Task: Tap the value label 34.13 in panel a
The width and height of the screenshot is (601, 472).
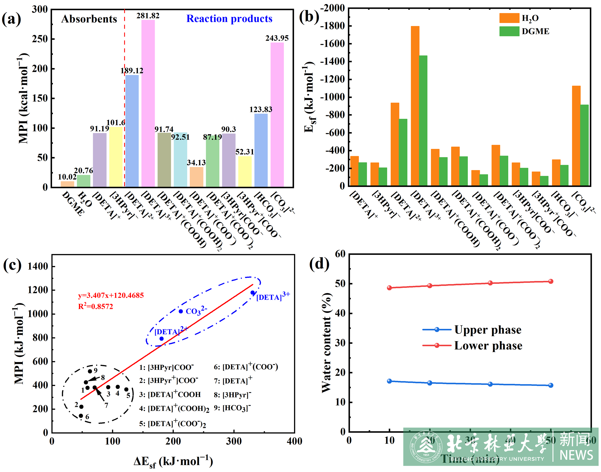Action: [196, 163]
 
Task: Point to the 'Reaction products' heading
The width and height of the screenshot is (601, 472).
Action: [229, 19]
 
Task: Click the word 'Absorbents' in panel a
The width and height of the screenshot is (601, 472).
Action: [89, 19]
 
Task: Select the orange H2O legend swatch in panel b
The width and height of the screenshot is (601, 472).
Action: [509, 18]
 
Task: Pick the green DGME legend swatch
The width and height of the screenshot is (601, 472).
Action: [509, 31]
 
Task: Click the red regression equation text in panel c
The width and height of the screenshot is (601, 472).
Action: [111, 295]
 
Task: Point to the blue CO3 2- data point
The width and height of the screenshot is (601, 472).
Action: [181, 311]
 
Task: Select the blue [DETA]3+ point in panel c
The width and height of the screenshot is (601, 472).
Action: [252, 293]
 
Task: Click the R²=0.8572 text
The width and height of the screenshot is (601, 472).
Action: [96, 306]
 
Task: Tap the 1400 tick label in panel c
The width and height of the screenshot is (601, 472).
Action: [38, 266]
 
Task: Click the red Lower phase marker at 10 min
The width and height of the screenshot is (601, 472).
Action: [389, 288]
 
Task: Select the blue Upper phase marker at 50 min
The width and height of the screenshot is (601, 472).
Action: [551, 385]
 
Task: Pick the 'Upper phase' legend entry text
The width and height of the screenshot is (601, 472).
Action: [488, 330]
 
